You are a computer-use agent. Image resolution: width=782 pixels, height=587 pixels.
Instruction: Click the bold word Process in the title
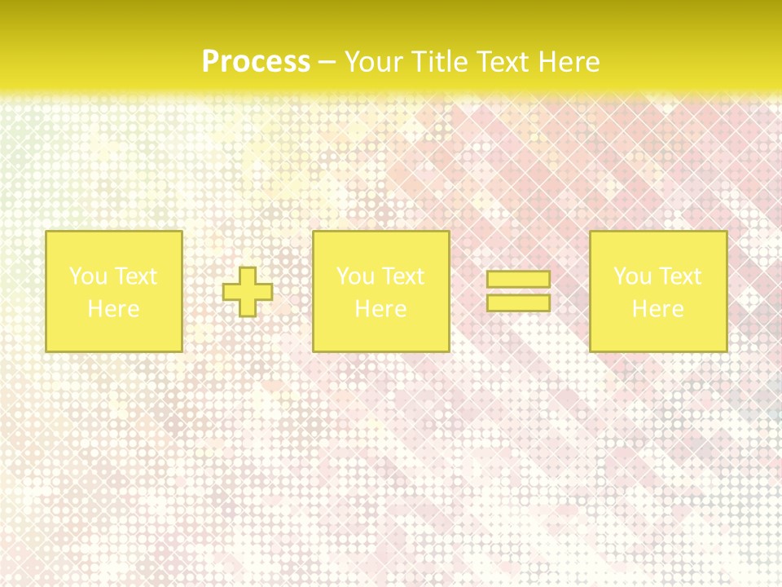point(256,62)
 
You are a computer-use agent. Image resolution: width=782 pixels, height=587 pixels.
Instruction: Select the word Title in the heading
point(442,62)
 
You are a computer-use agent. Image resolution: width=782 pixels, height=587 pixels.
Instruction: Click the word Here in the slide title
point(571,62)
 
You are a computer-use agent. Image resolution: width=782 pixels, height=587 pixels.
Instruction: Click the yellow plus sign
point(248,292)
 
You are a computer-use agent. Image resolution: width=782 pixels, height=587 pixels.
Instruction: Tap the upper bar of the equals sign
point(518,280)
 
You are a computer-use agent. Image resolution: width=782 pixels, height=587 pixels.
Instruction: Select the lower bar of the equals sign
point(518,302)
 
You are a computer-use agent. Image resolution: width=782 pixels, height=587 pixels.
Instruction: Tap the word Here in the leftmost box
point(113,309)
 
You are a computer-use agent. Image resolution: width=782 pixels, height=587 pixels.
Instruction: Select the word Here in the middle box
point(380,309)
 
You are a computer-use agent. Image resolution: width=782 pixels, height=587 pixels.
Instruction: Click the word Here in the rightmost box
point(657,309)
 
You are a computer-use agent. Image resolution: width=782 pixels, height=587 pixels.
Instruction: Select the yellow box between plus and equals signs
point(380,334)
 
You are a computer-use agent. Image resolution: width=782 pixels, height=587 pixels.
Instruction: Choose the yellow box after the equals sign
point(657,334)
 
